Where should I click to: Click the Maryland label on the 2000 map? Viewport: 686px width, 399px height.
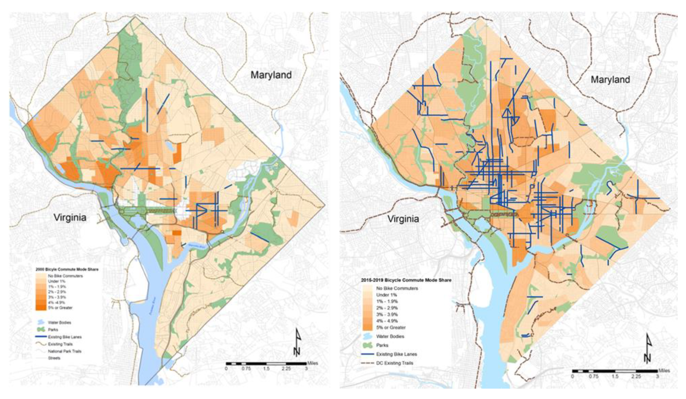tap(271, 75)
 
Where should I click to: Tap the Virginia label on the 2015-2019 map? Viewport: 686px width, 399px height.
tap(403, 219)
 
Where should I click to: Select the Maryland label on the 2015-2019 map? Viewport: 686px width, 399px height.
tap(610, 80)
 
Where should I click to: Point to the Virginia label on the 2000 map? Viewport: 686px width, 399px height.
tap(70, 217)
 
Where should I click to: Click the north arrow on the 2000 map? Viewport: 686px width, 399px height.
tap(298, 346)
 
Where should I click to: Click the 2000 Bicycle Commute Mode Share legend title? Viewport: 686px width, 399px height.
tap(67, 269)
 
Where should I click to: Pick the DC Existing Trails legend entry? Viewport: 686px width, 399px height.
tap(395, 363)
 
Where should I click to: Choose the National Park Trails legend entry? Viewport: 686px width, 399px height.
tap(65, 351)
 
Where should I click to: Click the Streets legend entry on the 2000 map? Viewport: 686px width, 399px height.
tap(54, 358)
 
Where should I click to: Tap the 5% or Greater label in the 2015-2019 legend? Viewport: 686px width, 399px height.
tap(391, 327)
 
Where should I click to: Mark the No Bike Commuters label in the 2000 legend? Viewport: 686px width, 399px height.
tap(65, 276)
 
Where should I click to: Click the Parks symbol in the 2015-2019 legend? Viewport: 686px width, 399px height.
tap(368, 345)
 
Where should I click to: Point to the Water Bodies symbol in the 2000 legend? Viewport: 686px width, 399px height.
tap(41, 322)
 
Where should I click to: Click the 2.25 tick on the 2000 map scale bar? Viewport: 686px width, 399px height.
tap(286, 369)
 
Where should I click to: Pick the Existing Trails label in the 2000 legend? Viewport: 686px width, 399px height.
tap(60, 344)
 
